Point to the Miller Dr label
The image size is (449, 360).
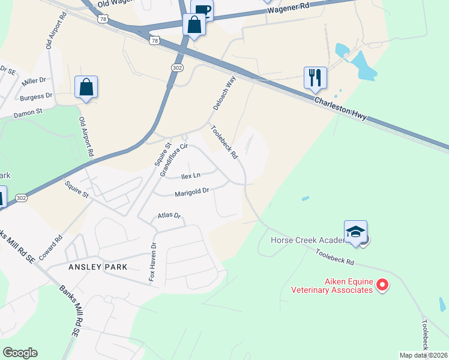pyautogui.click(x=34, y=80)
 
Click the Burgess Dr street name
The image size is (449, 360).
pyautogui.click(x=36, y=96)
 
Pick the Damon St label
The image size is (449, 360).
pyautogui.click(x=29, y=112)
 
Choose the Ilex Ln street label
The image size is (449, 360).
pyautogui.click(x=191, y=176)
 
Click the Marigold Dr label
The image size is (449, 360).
pyautogui.click(x=191, y=193)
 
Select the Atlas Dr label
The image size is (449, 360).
pyautogui.click(x=169, y=215)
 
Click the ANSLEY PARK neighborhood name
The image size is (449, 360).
pyautogui.click(x=97, y=266)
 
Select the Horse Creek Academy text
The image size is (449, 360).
pyautogui.click(x=309, y=240)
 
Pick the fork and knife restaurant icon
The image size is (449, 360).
pyautogui.click(x=315, y=77)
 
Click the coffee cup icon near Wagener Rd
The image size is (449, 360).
pyautogui.click(x=202, y=8)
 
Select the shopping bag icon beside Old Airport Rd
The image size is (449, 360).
pyautogui.click(x=86, y=87)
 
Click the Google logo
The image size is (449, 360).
pyautogui.click(x=20, y=353)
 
